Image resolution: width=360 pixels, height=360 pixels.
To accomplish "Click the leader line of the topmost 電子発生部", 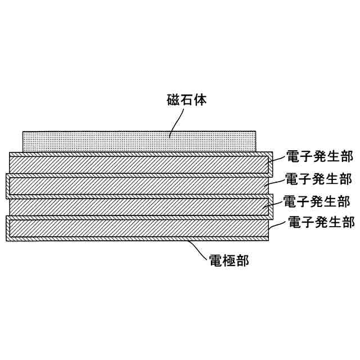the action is click(x=276, y=160).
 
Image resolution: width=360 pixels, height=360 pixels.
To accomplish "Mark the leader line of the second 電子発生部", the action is click(x=274, y=182).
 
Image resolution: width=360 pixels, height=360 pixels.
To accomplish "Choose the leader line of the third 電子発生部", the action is click(x=273, y=204).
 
